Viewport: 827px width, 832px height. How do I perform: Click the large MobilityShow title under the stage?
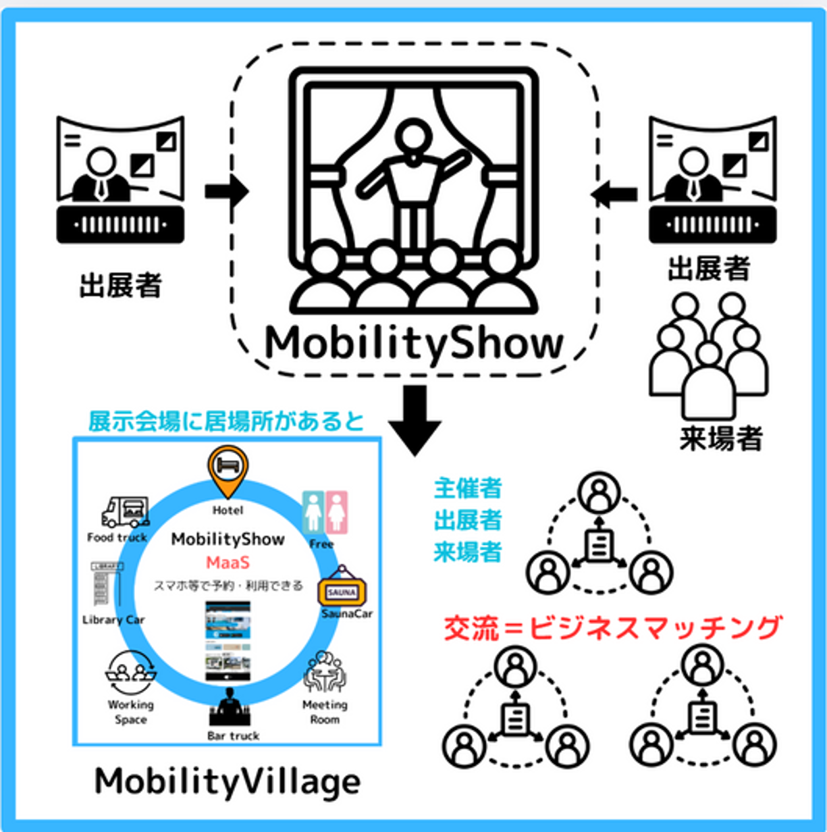click(414, 344)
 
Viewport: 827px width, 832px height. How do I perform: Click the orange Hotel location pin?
click(228, 470)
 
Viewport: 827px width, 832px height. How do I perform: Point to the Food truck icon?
click(125, 513)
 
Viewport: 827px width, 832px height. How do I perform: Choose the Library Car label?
click(113, 619)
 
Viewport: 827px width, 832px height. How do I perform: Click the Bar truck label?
click(233, 735)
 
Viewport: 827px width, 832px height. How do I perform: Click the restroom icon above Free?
click(325, 513)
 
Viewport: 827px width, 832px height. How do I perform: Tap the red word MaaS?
click(228, 562)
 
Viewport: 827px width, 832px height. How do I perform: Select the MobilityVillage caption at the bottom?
click(228, 782)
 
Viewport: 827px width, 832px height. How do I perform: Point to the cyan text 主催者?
click(467, 488)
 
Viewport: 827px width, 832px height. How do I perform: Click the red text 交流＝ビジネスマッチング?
click(612, 627)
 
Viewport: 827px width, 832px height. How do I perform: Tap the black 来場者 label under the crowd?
click(720, 439)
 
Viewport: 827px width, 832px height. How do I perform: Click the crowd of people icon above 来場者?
click(709, 355)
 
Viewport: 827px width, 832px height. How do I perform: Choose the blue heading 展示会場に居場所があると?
click(226, 421)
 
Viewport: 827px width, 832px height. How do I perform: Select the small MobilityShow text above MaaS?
click(228, 539)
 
